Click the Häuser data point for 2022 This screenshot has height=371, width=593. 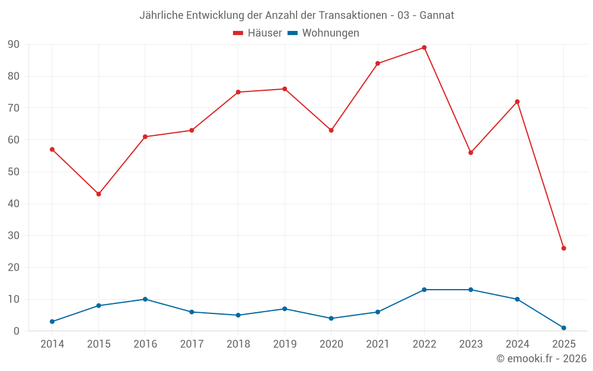[424, 47]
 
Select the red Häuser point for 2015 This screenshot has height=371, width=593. [98, 194]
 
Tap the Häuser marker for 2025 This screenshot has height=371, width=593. [563, 248]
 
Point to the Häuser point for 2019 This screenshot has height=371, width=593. [285, 89]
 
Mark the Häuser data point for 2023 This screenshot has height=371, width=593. [470, 153]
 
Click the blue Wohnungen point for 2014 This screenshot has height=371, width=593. [52, 322]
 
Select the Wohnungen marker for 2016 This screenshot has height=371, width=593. [145, 299]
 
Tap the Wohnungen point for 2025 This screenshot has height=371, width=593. [563, 328]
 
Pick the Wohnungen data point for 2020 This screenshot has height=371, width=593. [331, 318]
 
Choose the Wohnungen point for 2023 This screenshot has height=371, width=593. [470, 290]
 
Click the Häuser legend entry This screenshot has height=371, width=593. [257, 33]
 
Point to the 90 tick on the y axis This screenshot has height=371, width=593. [14, 45]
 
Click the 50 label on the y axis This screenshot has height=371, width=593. [14, 172]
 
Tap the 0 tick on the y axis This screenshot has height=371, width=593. [17, 331]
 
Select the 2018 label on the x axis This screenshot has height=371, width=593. [238, 344]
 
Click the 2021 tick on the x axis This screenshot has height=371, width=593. [377, 344]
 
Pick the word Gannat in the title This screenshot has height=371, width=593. [436, 15]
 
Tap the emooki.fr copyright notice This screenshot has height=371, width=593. [541, 359]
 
